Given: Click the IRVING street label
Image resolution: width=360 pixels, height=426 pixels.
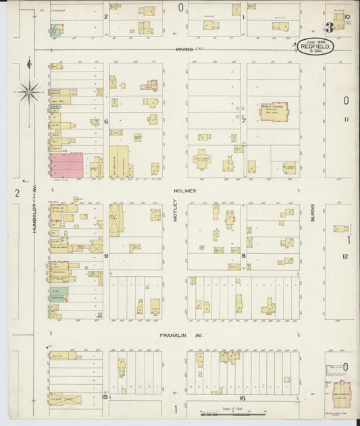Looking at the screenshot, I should click(184, 49).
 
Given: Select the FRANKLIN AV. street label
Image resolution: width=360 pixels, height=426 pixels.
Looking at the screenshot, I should click(176, 335).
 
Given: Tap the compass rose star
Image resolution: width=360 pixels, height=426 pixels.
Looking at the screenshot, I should click(29, 90).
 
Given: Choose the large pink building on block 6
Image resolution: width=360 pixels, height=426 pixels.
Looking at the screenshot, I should click(66, 165).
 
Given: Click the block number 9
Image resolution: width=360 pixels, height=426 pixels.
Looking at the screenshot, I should click(106, 256).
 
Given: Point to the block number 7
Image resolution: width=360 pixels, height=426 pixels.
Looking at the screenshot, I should click(243, 121).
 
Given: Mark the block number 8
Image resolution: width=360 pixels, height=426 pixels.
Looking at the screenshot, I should click(243, 256).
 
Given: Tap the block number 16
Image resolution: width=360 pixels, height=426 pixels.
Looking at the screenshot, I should click(241, 398).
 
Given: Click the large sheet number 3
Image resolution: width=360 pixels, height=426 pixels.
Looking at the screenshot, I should click(329, 28).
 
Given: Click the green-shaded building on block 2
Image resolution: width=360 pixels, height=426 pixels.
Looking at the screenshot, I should click(57, 29).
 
